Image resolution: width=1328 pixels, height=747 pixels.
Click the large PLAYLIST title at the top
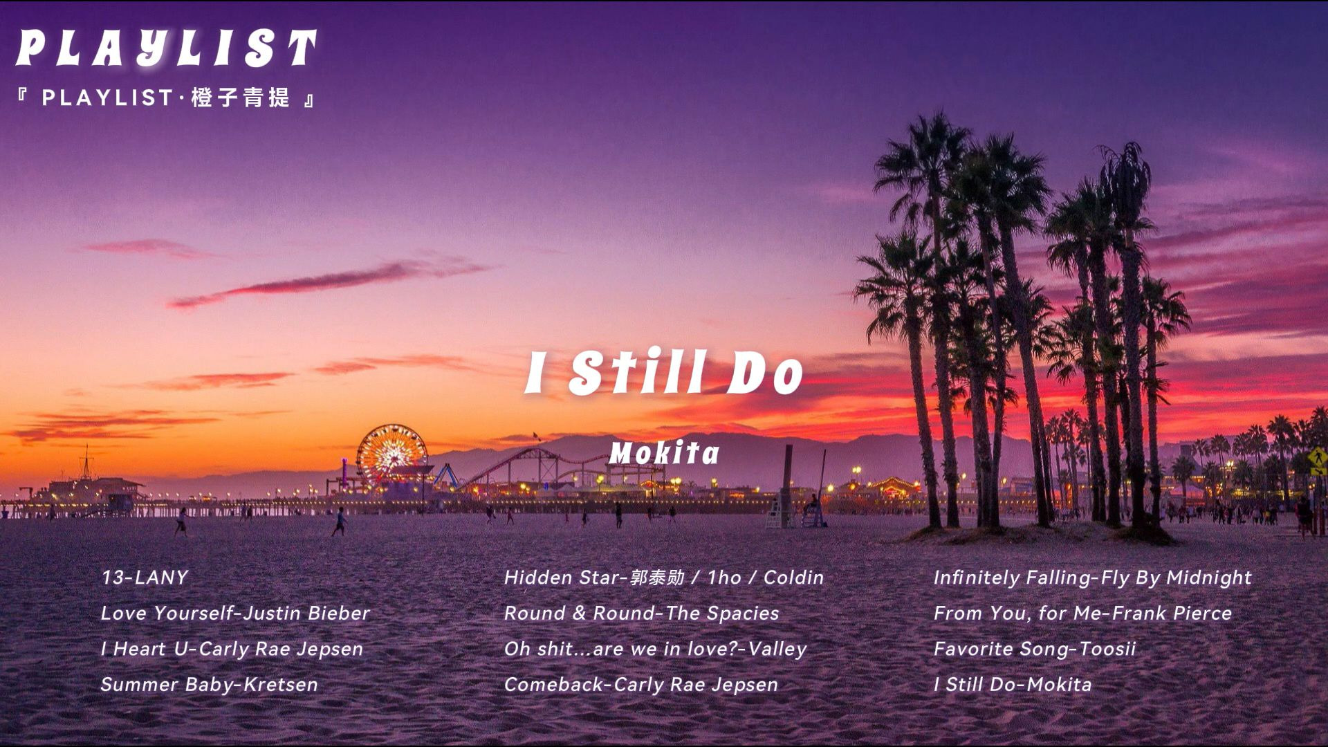[x=166, y=48]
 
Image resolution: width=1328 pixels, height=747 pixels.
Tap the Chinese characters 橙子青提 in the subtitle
[x=240, y=98]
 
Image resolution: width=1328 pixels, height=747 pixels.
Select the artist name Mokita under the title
[x=664, y=453]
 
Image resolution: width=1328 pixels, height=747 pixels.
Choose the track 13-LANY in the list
[x=145, y=578]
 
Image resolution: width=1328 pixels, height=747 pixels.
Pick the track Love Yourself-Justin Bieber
[x=235, y=613]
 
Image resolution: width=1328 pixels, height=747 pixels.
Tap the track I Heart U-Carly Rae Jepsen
[x=232, y=649]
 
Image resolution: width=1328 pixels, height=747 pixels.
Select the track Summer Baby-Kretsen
[x=209, y=684]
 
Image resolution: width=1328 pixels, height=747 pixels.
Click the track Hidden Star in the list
[x=664, y=578]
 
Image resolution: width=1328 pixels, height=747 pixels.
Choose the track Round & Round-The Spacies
[x=641, y=613]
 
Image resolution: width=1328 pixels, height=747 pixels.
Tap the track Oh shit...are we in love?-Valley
[x=655, y=649]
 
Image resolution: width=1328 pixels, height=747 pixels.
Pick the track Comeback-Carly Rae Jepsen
[x=641, y=684]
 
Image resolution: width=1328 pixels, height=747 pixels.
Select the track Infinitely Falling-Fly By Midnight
[x=1092, y=578]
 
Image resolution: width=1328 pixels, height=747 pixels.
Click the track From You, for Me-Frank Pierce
[x=1082, y=613]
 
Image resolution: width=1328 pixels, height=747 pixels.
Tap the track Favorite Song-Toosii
[x=1034, y=649]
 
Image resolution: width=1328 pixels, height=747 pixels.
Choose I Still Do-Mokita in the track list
[x=1012, y=684]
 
